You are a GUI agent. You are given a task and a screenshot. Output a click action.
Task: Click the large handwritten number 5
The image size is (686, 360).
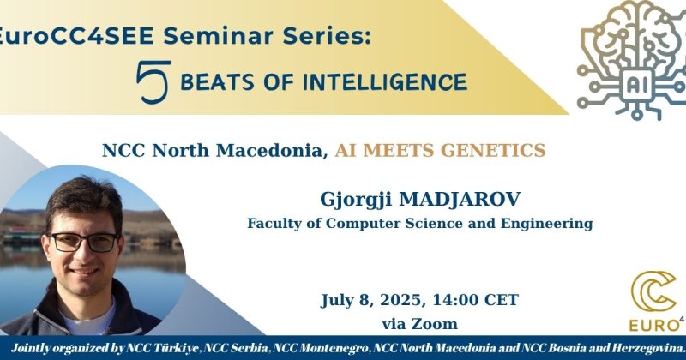point(153,81)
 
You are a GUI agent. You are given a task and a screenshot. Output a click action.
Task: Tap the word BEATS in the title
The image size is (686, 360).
point(217,82)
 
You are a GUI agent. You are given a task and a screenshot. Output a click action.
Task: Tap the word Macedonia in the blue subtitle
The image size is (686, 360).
point(272,151)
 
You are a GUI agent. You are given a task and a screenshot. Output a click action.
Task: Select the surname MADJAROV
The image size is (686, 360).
point(460,200)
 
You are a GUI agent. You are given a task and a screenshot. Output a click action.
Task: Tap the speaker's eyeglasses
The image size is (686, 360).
point(84,242)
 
